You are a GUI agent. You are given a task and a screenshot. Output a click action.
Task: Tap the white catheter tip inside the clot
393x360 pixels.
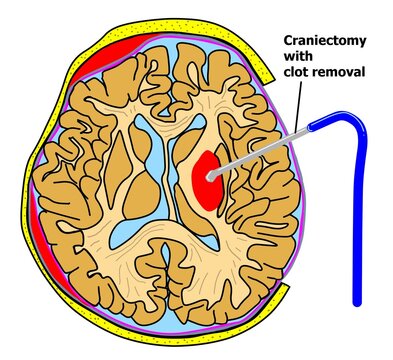point(212,174)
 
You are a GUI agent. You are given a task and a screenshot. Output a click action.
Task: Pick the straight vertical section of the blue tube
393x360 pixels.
point(357,220)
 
